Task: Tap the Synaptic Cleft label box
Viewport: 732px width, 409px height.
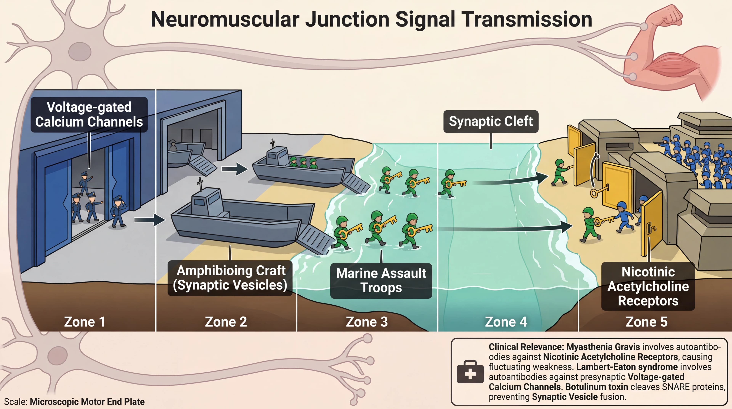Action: (x=491, y=121)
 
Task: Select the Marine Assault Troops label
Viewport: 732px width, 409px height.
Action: (x=381, y=280)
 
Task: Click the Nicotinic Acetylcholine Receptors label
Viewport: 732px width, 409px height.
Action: (x=648, y=286)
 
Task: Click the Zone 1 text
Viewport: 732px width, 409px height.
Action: (x=84, y=322)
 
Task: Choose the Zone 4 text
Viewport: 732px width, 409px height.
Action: (x=506, y=322)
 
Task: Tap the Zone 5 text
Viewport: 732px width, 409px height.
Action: (x=646, y=322)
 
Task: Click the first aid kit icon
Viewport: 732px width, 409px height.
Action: (x=470, y=372)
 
